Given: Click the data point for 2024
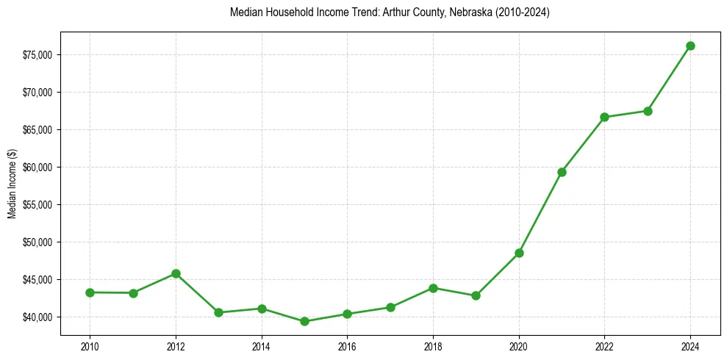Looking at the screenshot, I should click(x=690, y=46).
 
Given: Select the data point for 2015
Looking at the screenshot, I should click(x=304, y=321).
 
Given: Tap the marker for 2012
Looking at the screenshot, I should click(x=176, y=273).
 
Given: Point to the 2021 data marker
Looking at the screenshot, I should click(x=562, y=172).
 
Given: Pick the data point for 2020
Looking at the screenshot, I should click(x=519, y=253).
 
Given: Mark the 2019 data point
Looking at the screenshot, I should click(x=476, y=295).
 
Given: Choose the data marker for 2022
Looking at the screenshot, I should click(x=604, y=117).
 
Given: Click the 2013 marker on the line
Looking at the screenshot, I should click(x=218, y=312).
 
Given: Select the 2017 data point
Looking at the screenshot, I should click(x=390, y=307).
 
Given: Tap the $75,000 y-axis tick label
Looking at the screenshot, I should click(x=35, y=55).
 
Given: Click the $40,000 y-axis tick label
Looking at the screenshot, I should click(x=35, y=317).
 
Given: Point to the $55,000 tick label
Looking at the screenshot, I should click(x=35, y=205).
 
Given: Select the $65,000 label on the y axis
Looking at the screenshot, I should click(x=35, y=130).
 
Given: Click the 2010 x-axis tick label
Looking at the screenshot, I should click(x=90, y=345).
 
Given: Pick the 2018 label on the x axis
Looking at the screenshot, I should click(x=433, y=345).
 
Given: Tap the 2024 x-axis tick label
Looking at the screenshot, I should click(x=690, y=345).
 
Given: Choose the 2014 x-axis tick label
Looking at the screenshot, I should click(x=262, y=345).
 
